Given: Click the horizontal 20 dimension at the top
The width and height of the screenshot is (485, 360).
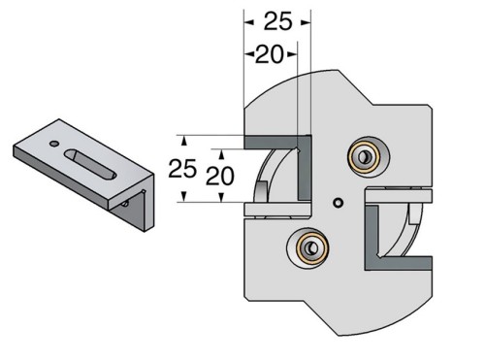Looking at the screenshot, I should [270, 54].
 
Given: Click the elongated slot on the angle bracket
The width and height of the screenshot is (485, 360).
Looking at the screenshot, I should [94, 164].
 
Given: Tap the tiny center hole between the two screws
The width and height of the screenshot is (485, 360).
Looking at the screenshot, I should [337, 203].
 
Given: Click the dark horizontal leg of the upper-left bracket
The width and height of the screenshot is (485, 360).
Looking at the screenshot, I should [276, 142].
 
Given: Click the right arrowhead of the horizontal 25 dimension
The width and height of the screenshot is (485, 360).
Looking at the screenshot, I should [307, 20].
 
